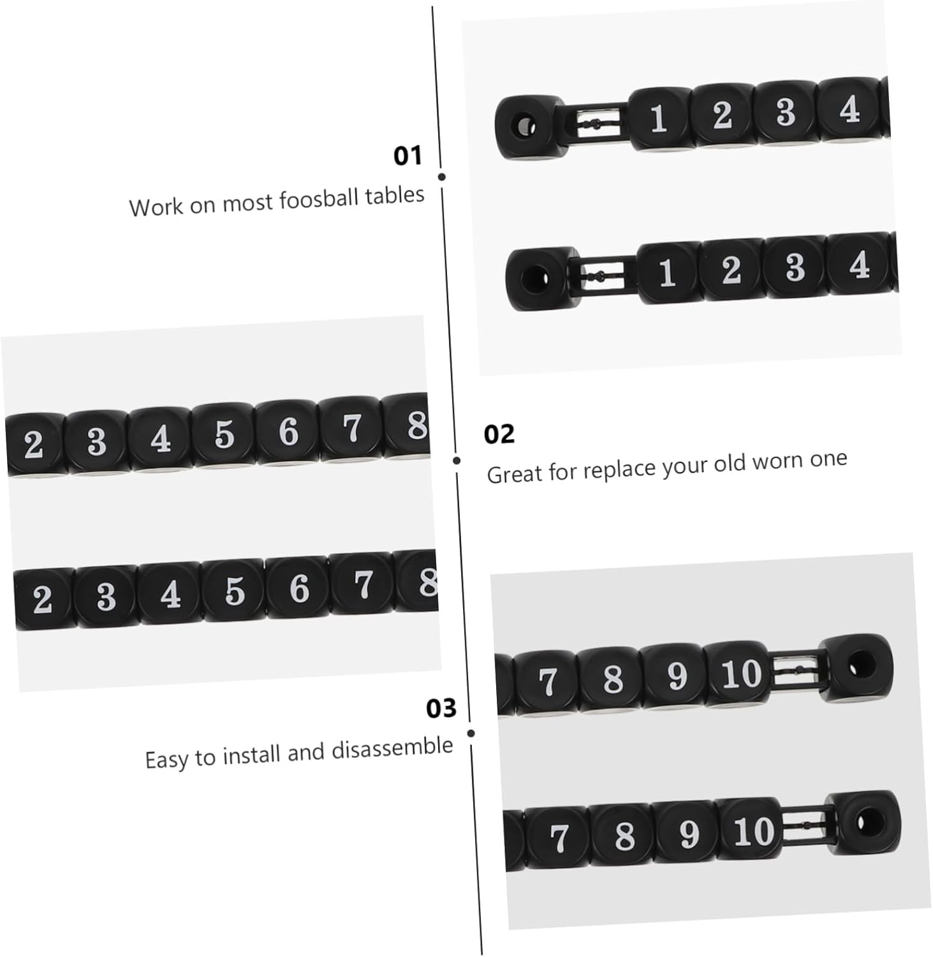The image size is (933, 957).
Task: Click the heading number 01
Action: click(x=408, y=155)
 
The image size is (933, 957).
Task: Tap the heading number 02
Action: click(x=499, y=434)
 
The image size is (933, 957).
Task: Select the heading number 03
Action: click(x=441, y=708)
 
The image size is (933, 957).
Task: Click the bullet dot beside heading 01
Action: click(x=442, y=177)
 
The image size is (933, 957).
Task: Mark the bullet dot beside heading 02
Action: click(x=457, y=460)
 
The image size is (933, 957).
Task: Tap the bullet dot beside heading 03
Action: click(x=471, y=733)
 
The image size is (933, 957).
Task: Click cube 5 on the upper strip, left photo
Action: click(x=224, y=434)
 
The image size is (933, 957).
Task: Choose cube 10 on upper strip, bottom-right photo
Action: click(x=741, y=674)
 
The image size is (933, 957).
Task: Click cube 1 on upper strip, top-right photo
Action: click(x=659, y=119)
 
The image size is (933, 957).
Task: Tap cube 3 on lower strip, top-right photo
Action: click(x=795, y=267)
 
